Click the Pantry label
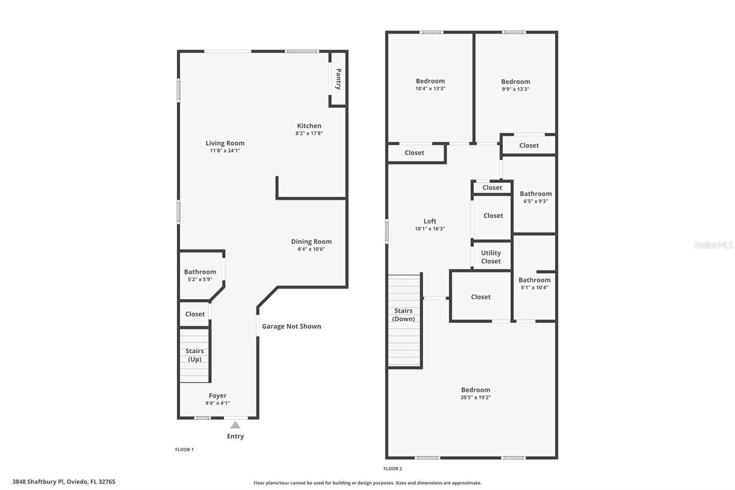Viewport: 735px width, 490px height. (339, 79)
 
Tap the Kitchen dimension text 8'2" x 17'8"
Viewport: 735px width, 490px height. (309, 133)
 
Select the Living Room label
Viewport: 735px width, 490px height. (225, 143)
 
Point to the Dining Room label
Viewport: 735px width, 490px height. (311, 241)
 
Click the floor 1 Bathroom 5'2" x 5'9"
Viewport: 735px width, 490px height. (200, 275)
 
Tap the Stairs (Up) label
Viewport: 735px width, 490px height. (194, 355)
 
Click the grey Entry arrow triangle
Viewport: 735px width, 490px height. (235, 425)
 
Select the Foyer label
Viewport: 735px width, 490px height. (217, 395)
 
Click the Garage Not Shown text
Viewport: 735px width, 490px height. (291, 326)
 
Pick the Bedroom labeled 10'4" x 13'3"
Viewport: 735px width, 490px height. (430, 84)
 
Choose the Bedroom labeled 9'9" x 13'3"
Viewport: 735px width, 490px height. (515, 85)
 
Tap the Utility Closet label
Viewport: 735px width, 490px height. (491, 257)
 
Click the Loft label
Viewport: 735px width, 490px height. (430, 221)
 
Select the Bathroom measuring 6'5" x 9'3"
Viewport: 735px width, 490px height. (536, 197)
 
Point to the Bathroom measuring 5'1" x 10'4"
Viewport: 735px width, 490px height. (534, 283)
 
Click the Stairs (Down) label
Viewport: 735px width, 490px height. (403, 314)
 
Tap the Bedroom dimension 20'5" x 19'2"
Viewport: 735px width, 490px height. (475, 398)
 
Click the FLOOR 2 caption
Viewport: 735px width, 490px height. (393, 469)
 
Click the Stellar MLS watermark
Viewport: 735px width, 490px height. (713, 245)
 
